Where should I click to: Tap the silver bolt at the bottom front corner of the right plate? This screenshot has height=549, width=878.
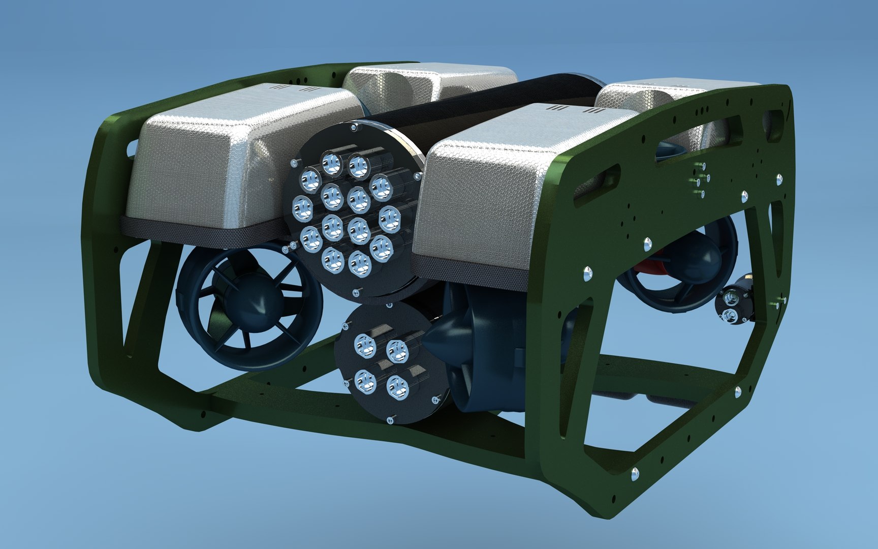pos(635,475)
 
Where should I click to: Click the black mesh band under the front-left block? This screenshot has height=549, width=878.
pos(203,227)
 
